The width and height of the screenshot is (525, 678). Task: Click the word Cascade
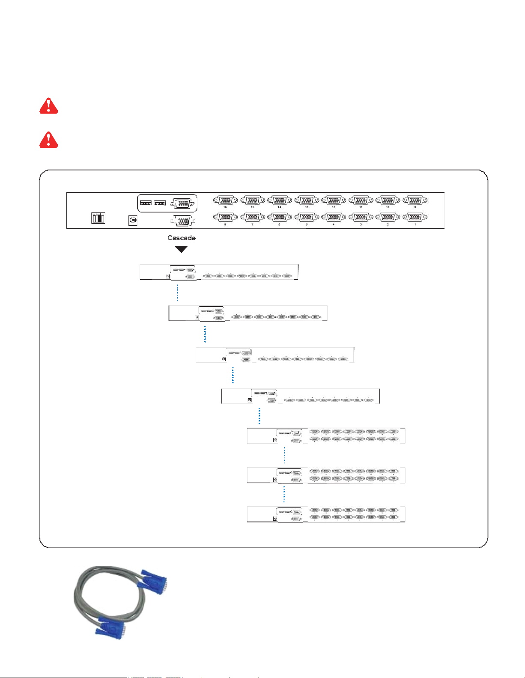pos(182,238)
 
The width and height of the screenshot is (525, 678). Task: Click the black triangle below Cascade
pos(182,249)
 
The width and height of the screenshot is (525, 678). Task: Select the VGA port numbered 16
pos(225,200)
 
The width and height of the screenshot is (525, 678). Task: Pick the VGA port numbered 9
pos(415,200)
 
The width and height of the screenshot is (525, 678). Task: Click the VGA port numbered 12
pos(334,200)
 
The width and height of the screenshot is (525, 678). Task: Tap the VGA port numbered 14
pos(280,200)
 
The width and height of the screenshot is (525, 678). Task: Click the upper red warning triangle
pos(49,105)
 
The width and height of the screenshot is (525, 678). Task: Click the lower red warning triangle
pos(49,140)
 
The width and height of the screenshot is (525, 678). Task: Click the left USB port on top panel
pos(146,203)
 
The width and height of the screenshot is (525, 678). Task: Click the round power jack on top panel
pos(133,220)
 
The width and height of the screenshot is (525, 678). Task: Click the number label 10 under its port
pos(388,207)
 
